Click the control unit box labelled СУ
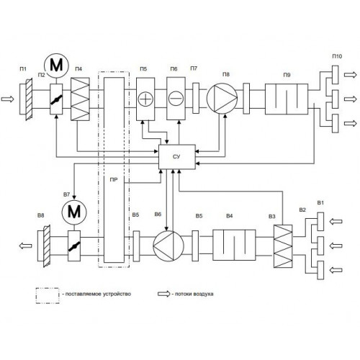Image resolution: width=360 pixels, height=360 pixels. [x=177, y=157]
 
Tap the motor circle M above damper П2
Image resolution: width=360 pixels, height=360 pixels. [x=56, y=66]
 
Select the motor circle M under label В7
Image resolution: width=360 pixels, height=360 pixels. [x=74, y=212]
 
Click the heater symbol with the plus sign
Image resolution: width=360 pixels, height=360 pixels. [x=145, y=99]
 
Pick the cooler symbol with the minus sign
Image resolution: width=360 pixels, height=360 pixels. [x=176, y=99]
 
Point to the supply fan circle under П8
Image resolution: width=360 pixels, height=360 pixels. [x=222, y=99]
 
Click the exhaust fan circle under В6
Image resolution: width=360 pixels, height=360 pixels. [x=168, y=246]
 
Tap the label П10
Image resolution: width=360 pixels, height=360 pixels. [x=337, y=56]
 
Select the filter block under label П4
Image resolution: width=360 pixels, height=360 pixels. [x=80, y=99]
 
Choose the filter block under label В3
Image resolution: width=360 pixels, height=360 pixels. [x=283, y=246]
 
